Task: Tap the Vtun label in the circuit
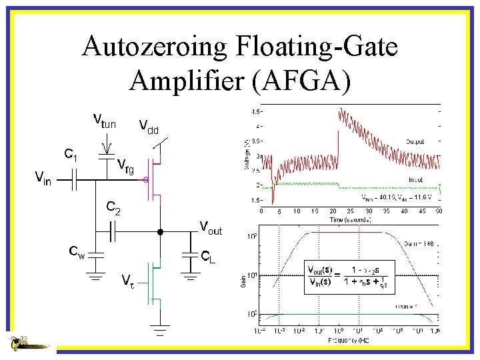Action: pos(104,122)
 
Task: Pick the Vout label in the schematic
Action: pos(211,229)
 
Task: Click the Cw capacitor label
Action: pos(77,251)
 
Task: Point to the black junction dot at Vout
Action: pos(160,232)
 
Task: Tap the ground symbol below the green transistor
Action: pos(160,326)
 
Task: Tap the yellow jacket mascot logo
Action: pos(27,344)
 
